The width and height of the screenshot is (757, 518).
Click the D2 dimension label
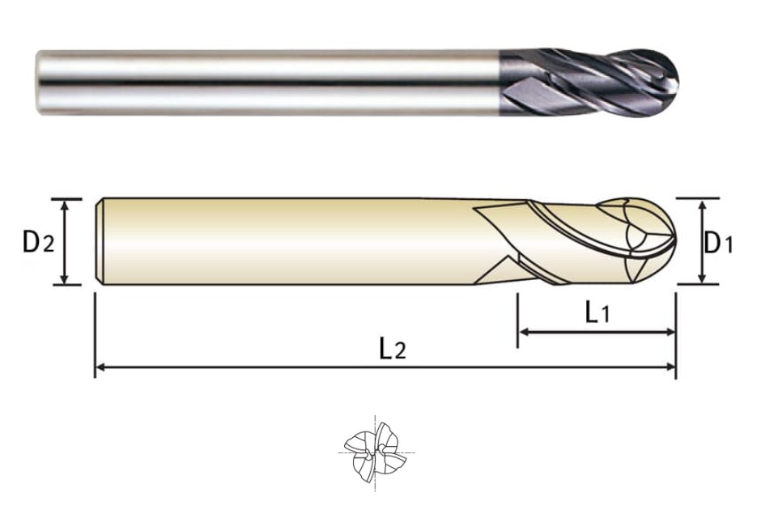[x=39, y=242]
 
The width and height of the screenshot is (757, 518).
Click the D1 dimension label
[x=718, y=242]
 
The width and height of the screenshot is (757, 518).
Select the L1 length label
[x=598, y=313]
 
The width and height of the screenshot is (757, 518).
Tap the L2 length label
[x=393, y=349]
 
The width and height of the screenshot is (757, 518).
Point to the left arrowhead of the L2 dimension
[x=100, y=367]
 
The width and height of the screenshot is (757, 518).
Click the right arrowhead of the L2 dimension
[x=670, y=367]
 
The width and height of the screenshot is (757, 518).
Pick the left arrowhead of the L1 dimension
[x=523, y=332]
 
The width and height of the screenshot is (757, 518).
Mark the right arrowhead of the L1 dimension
[x=670, y=332]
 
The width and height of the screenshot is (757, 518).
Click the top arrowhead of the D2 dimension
[x=65, y=204]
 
